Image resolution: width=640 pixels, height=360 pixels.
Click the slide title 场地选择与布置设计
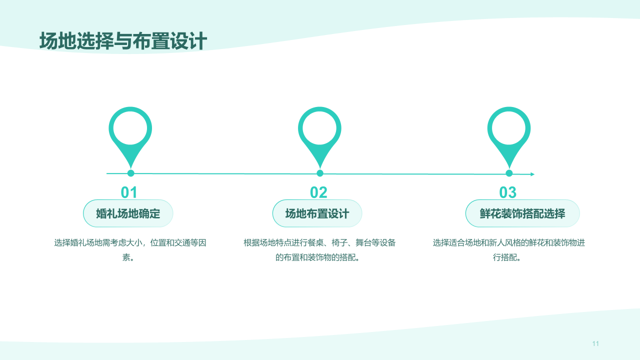point(123,41)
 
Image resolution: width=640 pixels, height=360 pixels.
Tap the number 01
point(129,192)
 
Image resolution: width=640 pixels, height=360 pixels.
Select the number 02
point(318,192)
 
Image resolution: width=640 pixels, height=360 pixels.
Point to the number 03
point(507,192)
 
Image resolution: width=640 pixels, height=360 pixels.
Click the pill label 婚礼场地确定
point(128,213)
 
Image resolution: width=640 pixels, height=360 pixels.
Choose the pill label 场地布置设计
point(317,213)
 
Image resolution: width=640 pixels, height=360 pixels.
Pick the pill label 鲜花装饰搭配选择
point(522,213)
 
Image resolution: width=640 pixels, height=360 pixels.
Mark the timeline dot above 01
point(131,173)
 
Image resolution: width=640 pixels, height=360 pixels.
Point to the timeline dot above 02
point(320,173)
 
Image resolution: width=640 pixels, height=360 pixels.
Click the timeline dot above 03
point(509,173)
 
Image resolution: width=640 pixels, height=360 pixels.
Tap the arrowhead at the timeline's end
point(532,174)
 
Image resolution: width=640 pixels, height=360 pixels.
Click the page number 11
point(595,343)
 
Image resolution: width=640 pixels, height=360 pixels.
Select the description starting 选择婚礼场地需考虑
point(130,250)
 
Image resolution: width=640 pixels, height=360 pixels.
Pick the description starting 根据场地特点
point(319,250)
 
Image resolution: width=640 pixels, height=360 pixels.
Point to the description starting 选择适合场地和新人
point(508,250)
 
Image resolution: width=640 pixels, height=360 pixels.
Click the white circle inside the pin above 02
point(319,128)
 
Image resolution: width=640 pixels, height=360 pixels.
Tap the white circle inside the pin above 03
point(509,128)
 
